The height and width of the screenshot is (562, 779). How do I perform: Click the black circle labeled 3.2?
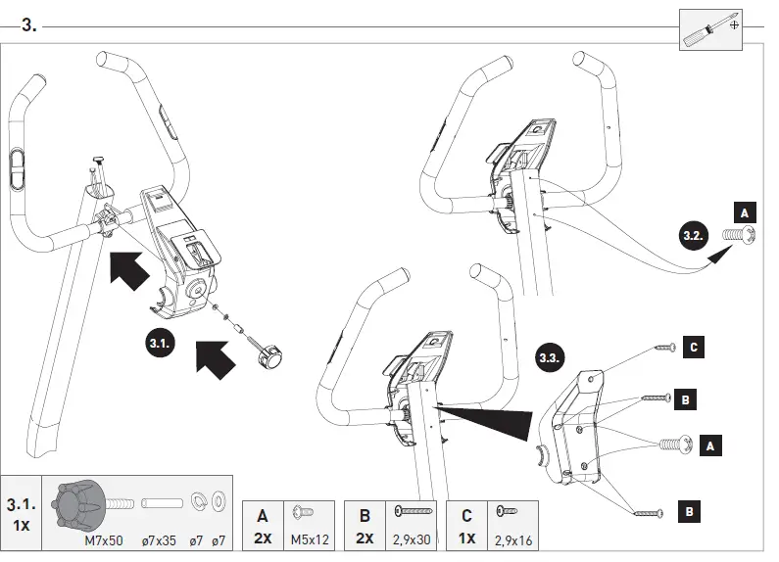[692, 235]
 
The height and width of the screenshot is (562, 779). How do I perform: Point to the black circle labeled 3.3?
[550, 357]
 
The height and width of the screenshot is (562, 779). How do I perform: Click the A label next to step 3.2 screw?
[745, 212]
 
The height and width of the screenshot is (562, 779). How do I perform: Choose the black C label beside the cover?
[693, 346]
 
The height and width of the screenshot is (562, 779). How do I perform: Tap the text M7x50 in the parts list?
[103, 539]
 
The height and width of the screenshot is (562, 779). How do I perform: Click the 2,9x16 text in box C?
[512, 539]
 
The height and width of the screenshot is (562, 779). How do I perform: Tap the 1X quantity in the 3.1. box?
[22, 525]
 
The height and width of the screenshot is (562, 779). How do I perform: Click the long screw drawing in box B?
[414, 511]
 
